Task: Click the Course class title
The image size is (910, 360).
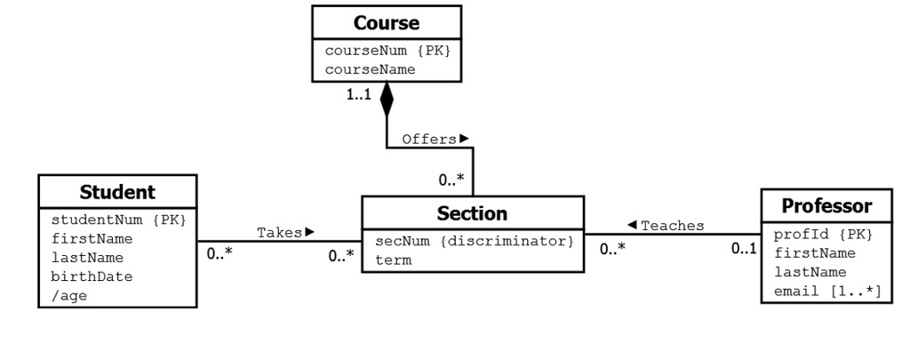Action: click(x=387, y=22)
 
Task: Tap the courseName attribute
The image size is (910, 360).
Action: click(x=370, y=68)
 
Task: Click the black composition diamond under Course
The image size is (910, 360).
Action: click(x=387, y=100)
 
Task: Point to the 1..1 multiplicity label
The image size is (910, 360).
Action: click(x=359, y=93)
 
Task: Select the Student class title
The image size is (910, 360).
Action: click(x=117, y=191)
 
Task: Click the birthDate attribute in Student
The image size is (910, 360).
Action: click(x=92, y=276)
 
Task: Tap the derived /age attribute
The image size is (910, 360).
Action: click(x=68, y=294)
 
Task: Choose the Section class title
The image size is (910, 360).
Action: click(x=472, y=213)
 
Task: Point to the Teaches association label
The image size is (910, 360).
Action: click(x=666, y=226)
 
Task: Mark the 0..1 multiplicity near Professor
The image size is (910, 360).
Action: click(x=744, y=250)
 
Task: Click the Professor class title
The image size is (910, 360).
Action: click(x=826, y=206)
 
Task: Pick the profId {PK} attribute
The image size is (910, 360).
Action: click(x=824, y=235)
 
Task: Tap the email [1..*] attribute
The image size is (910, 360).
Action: click(x=826, y=291)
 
